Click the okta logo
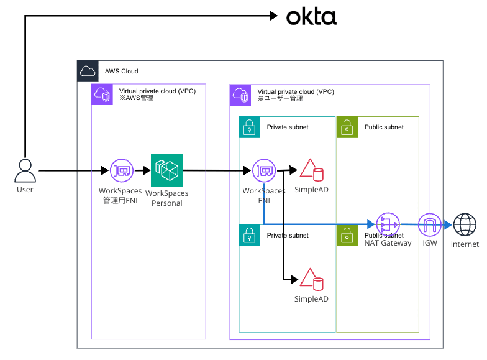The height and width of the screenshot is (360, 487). point(311,17)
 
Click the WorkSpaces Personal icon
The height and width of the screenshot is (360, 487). point(166,170)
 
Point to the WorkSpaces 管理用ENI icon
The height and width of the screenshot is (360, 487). point(121,170)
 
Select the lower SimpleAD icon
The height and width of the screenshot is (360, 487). point(312,280)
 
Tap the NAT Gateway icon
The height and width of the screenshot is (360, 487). point(387,224)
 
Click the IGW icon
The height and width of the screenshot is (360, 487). point(429,224)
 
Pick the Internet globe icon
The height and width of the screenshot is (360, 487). point(465,224)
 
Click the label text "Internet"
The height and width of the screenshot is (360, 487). point(465,244)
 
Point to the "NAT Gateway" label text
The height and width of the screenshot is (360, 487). point(388,243)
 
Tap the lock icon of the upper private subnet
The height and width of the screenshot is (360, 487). point(249,127)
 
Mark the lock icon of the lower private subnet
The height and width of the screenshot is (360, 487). point(249,236)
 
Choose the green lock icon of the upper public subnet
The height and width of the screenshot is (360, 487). point(347,127)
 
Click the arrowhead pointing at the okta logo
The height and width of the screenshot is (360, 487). point(273,16)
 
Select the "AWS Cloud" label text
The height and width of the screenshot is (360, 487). point(121,72)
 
